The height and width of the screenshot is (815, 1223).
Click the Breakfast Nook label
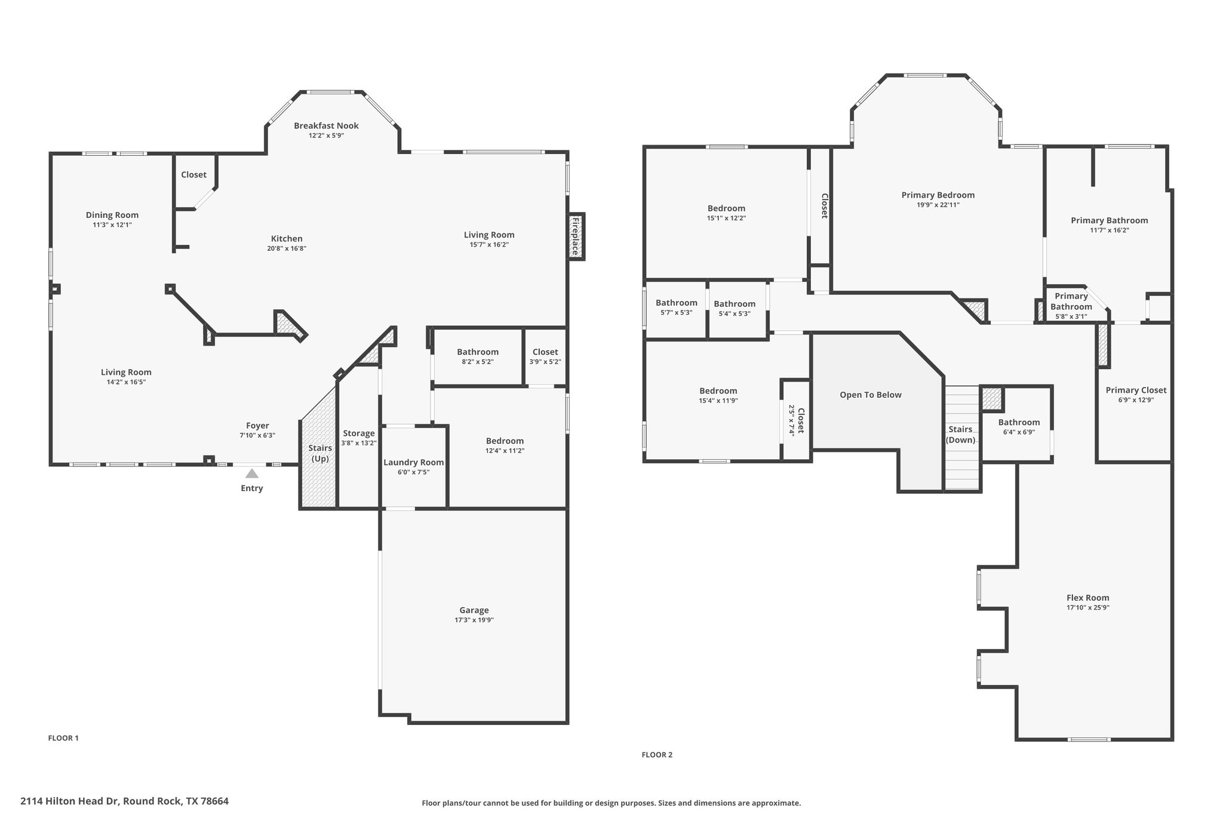(x=326, y=125)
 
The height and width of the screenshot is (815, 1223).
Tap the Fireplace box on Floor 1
(x=576, y=236)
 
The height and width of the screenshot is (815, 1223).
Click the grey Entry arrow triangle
(x=252, y=473)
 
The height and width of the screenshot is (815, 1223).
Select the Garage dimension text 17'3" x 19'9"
(x=474, y=620)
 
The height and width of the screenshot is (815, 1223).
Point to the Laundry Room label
(x=414, y=462)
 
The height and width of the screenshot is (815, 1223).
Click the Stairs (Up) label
(x=320, y=453)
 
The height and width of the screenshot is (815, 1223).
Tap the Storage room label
(x=359, y=433)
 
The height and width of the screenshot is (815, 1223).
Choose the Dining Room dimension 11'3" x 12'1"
(x=112, y=225)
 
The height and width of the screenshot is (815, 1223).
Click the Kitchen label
(x=287, y=239)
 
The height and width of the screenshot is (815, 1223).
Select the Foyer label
(x=257, y=426)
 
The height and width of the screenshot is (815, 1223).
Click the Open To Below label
(x=871, y=395)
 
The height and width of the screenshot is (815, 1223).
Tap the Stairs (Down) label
(x=961, y=435)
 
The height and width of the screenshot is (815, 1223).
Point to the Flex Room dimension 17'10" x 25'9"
(x=1088, y=607)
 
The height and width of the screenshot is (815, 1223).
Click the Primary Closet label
(x=1136, y=390)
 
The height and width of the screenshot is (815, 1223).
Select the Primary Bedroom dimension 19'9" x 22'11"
(x=938, y=205)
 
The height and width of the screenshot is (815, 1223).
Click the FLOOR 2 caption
(x=657, y=755)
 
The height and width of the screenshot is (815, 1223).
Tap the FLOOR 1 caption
(x=63, y=738)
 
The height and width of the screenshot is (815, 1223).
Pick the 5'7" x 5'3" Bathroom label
(x=677, y=303)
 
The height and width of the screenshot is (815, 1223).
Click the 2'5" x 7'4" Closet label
(x=801, y=421)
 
